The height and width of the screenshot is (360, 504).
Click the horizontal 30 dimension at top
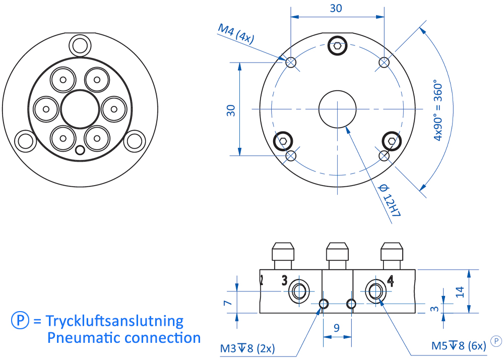(336, 8)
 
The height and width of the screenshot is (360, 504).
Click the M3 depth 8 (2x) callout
(247, 348)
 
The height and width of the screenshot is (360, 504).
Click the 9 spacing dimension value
(336, 328)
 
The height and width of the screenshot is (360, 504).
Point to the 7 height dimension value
(227, 303)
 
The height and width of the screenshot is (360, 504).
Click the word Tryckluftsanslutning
(114, 321)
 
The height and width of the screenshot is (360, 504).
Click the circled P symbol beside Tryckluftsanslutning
(19, 321)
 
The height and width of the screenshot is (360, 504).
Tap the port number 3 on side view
(284, 280)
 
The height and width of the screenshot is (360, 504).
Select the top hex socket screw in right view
(337, 46)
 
